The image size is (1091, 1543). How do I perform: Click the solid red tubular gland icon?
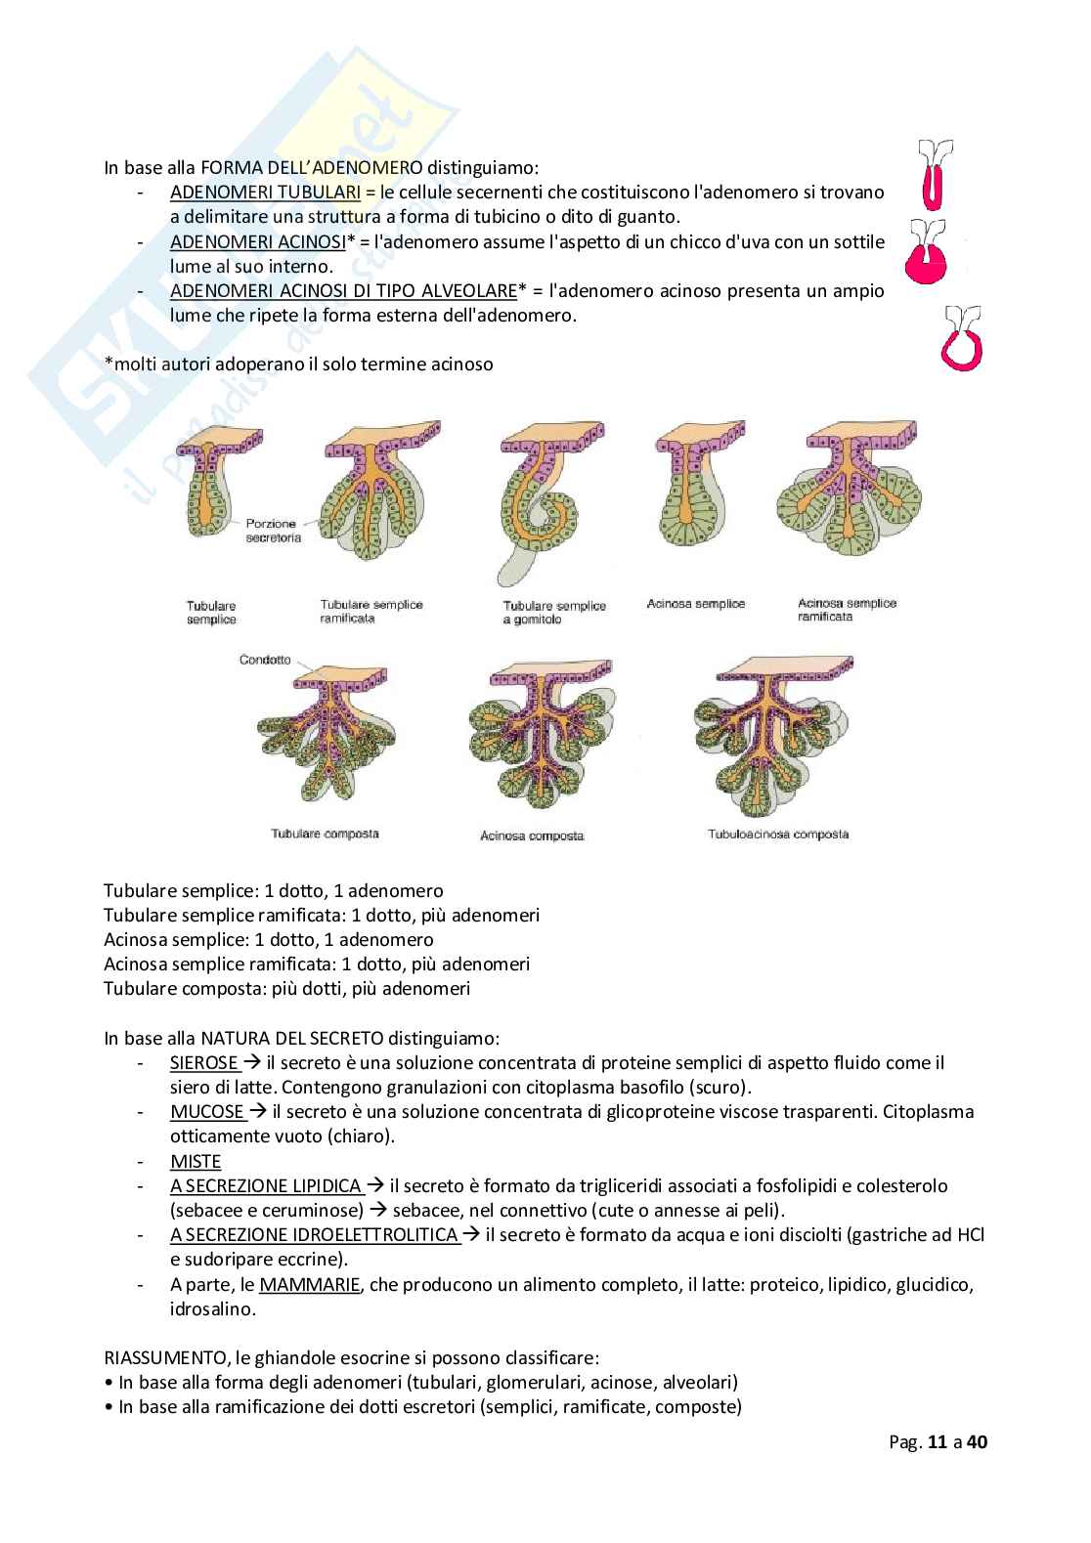coord(934,179)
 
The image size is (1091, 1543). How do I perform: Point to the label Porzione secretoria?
coord(273,531)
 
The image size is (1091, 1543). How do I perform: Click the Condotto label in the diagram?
coord(265,660)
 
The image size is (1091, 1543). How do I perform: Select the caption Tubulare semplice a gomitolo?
coord(554,613)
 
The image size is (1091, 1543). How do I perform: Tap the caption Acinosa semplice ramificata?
coord(847,610)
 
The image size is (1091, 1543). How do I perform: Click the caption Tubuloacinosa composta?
coord(778,835)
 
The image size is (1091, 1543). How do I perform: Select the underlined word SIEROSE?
coord(203,1063)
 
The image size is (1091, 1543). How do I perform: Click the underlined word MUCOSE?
coord(206,1112)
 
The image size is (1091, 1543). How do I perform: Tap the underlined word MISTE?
coord(196,1162)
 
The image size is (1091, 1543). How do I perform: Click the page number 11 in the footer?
coord(938,1442)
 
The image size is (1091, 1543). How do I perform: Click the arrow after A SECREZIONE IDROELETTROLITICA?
coord(470,1235)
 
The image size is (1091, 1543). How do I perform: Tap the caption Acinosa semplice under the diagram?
coord(695,604)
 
